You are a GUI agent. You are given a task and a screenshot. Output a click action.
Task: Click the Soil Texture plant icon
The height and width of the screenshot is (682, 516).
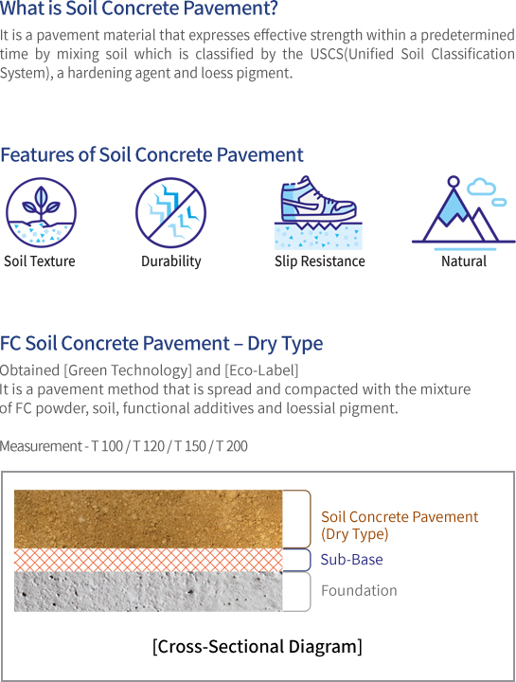(x=41, y=213)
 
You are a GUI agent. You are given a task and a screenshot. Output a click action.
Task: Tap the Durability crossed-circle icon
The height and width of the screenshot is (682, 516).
(x=170, y=213)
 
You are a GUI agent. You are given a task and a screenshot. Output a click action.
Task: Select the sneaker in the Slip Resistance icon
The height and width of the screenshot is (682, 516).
(x=318, y=199)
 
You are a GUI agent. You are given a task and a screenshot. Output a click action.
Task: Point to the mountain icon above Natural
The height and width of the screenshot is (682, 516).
(x=463, y=213)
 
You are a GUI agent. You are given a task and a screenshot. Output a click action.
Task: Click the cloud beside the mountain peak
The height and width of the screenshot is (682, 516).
(x=481, y=187)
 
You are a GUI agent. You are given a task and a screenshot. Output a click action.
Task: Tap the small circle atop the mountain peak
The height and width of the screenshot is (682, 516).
(x=454, y=181)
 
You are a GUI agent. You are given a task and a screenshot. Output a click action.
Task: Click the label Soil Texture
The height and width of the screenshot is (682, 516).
(x=40, y=261)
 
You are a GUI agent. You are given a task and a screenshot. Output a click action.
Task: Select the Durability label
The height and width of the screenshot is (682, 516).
(x=171, y=261)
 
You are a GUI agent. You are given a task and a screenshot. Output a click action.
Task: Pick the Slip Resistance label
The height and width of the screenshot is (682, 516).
(x=319, y=261)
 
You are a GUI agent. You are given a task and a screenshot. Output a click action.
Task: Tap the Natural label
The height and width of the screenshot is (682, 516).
(x=464, y=261)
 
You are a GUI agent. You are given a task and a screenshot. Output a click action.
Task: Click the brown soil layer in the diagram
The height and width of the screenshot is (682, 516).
(x=149, y=519)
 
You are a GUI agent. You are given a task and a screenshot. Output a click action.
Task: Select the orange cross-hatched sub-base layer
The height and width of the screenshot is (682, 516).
(x=149, y=560)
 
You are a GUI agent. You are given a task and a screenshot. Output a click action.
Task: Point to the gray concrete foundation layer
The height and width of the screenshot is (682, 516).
(x=149, y=591)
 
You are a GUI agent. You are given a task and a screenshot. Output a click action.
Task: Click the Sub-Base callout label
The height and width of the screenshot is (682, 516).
(x=351, y=560)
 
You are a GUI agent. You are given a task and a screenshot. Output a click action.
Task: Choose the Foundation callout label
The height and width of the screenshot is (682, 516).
(x=359, y=590)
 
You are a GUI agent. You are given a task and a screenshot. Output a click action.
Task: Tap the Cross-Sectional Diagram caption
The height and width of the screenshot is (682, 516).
(x=258, y=646)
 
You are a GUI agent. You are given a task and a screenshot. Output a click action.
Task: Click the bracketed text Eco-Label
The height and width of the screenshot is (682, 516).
(x=261, y=370)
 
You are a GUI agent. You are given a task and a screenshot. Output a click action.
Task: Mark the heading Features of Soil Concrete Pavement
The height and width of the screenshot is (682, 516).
(x=151, y=154)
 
